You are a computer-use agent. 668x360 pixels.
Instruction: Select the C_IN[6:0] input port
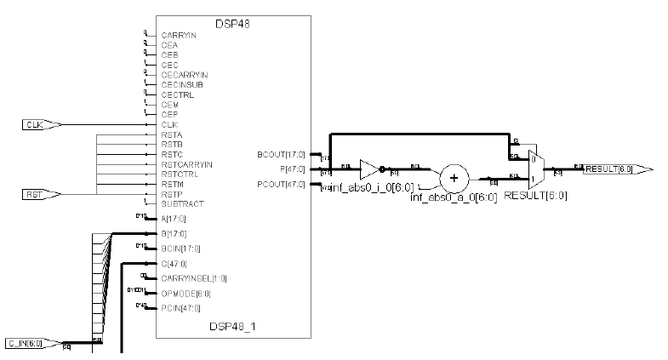click(32, 343)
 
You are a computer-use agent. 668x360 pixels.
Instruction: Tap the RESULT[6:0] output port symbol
click(618, 169)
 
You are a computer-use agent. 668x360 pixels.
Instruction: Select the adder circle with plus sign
click(454, 177)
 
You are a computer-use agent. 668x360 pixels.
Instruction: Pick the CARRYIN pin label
click(178, 35)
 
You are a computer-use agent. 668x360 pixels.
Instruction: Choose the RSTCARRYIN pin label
click(186, 164)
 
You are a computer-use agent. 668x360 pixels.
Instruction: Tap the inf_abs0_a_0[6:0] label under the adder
click(448, 197)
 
